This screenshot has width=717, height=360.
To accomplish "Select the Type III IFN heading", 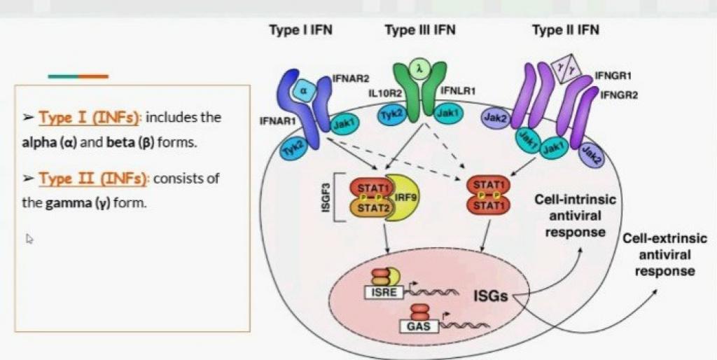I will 420,30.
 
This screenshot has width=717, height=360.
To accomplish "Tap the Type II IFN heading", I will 565,30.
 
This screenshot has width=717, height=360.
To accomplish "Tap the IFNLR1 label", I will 459,91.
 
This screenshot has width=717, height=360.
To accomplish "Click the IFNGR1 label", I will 615,73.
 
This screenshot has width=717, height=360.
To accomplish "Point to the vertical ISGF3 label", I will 324,197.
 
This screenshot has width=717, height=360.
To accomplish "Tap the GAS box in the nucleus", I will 414,326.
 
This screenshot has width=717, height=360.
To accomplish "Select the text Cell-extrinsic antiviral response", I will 664,254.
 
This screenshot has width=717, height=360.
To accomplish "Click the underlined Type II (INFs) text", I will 93,179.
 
